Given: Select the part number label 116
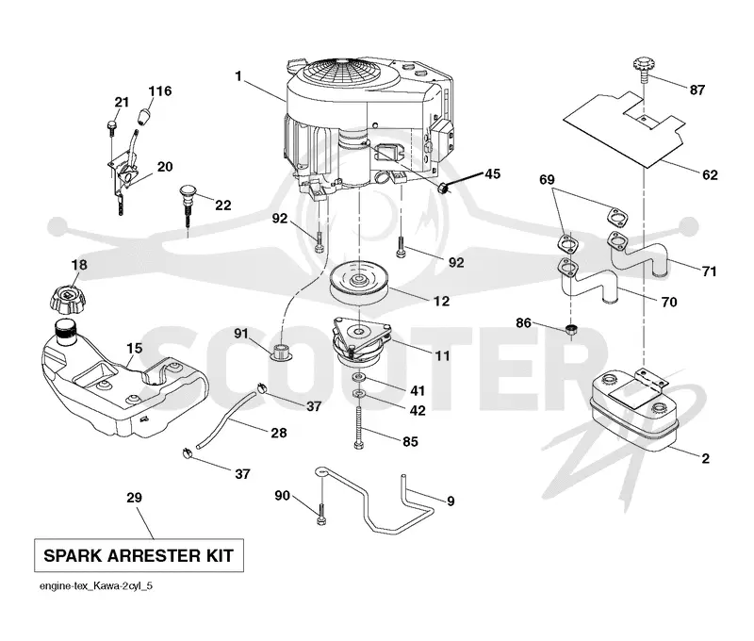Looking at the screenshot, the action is pyautogui.click(x=159, y=90).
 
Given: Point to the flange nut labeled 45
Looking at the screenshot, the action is pyautogui.click(x=444, y=188).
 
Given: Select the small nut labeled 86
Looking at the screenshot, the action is pyautogui.click(x=571, y=330).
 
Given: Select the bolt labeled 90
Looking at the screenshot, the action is pyautogui.click(x=320, y=513).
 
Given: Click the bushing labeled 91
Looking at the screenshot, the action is pyautogui.click(x=280, y=352).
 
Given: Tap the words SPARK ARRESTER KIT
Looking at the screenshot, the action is pyautogui.click(x=139, y=556).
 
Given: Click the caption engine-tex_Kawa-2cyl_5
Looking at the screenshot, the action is pyautogui.click(x=96, y=586).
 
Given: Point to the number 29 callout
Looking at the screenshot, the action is pyautogui.click(x=134, y=497).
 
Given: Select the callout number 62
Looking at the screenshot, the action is pyautogui.click(x=710, y=174).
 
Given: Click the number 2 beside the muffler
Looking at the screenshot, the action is pyautogui.click(x=705, y=458).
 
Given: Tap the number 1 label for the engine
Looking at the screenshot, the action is pyautogui.click(x=238, y=76).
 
